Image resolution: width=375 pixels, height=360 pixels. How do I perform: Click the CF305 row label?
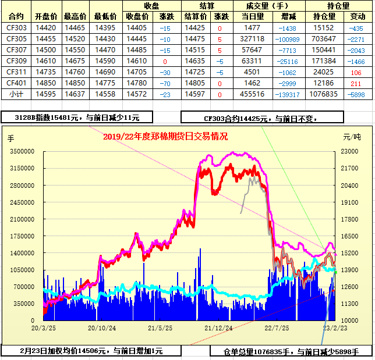point(16,38)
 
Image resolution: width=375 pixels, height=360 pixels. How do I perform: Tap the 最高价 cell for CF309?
point(75,60)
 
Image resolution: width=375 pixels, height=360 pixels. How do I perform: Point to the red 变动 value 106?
point(356,72)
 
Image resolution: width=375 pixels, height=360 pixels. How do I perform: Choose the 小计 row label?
point(16,94)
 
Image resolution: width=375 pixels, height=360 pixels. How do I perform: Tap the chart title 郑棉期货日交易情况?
point(165,137)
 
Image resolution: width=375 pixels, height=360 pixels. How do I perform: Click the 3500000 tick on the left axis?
point(23,151)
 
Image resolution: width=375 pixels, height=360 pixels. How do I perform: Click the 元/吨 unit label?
point(352,137)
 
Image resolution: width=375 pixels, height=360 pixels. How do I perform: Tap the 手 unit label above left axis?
point(10,138)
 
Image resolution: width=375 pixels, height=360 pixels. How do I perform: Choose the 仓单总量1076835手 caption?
point(291,351)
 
